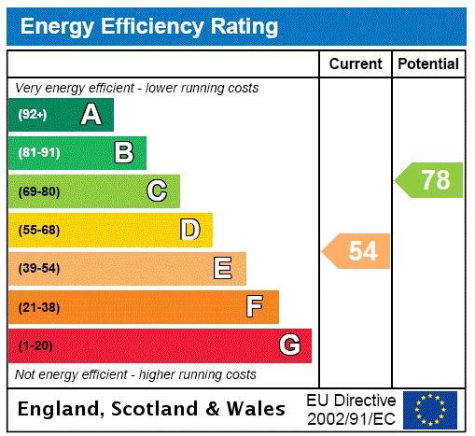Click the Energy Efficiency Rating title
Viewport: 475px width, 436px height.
149,26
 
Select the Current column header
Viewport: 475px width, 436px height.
356,64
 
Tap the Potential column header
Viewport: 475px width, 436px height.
428,64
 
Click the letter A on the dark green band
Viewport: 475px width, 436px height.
91,115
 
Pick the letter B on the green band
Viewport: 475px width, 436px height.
123,153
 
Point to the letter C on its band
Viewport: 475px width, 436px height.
157,191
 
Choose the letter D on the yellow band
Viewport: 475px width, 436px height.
189,230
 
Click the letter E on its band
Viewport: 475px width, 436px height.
223,269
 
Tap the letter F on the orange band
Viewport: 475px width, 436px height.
254,307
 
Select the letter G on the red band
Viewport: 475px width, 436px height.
290,345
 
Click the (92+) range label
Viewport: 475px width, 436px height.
32,116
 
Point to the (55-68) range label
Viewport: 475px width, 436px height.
38,231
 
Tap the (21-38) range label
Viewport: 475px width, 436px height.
38,307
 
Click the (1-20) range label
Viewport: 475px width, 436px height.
35,346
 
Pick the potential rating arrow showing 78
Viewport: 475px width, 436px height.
430,179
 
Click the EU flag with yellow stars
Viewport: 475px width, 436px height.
430,409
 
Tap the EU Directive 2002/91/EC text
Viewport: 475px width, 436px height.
351,409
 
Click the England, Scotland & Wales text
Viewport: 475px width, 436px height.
152,409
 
